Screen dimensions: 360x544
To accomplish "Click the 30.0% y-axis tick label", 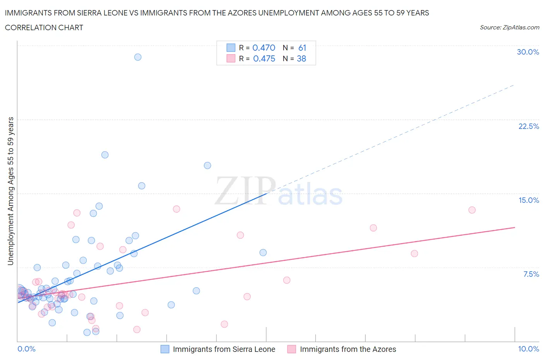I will pos(528,52).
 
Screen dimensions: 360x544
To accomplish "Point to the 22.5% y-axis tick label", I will pos(529,126).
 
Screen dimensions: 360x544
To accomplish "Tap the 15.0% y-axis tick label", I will pos(529,200).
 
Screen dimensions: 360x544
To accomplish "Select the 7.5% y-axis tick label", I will pos(531,274).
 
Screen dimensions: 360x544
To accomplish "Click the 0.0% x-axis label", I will pos(26,349).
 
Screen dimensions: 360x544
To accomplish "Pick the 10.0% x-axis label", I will pos(529,349).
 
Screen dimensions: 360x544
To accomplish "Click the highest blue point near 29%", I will pos(138,57).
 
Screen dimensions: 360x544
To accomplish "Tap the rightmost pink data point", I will pos(472,210).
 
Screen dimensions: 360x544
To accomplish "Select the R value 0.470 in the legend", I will pos(263,48).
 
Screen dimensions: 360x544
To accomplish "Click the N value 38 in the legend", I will pos(301,58).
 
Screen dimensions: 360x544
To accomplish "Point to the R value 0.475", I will pos(264,58).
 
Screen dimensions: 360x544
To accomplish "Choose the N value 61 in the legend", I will pos(302,48).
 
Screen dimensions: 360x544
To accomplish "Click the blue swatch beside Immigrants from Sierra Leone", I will pos(165,349).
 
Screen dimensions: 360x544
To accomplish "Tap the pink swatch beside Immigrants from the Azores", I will pos(292,349).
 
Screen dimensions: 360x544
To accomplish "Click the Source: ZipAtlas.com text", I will pos(509,27).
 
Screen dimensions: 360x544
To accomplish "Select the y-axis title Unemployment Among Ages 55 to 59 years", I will pos(10,191).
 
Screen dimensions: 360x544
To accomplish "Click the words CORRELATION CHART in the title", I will pos(44,27).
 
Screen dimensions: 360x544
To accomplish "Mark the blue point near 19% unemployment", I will pos(105,155).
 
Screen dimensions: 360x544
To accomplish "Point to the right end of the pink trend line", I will pos(515,227).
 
